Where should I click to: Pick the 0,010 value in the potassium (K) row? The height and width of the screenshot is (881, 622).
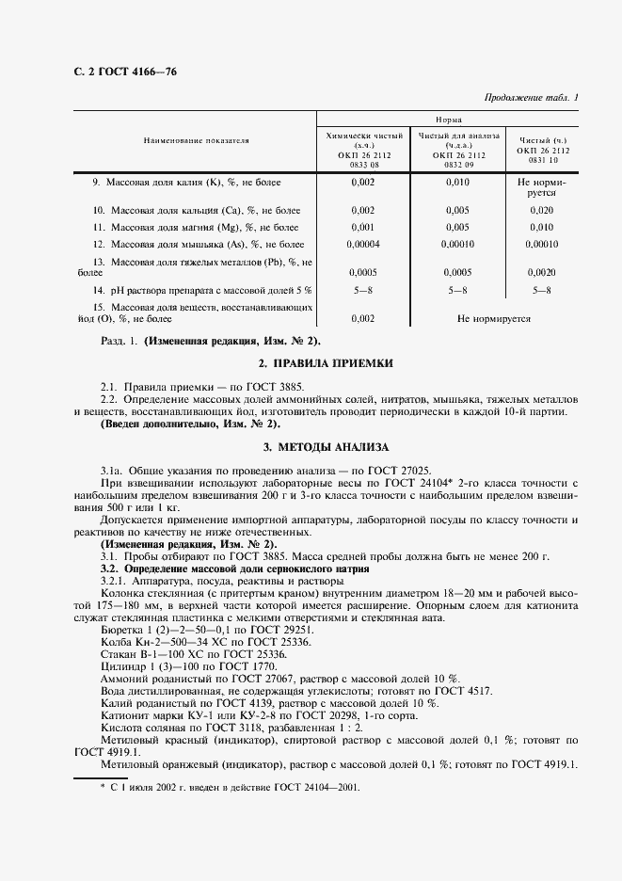click(x=456, y=182)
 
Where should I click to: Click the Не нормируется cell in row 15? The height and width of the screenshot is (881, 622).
click(x=493, y=318)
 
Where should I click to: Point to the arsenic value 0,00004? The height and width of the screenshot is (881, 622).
click(x=362, y=245)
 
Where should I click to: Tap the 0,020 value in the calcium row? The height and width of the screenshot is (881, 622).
click(x=542, y=210)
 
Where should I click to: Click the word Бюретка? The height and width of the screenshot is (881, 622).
click(x=122, y=628)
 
